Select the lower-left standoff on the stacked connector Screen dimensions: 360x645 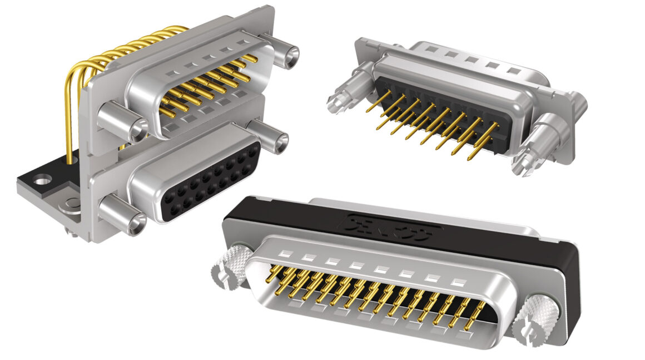tap(121, 215)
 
